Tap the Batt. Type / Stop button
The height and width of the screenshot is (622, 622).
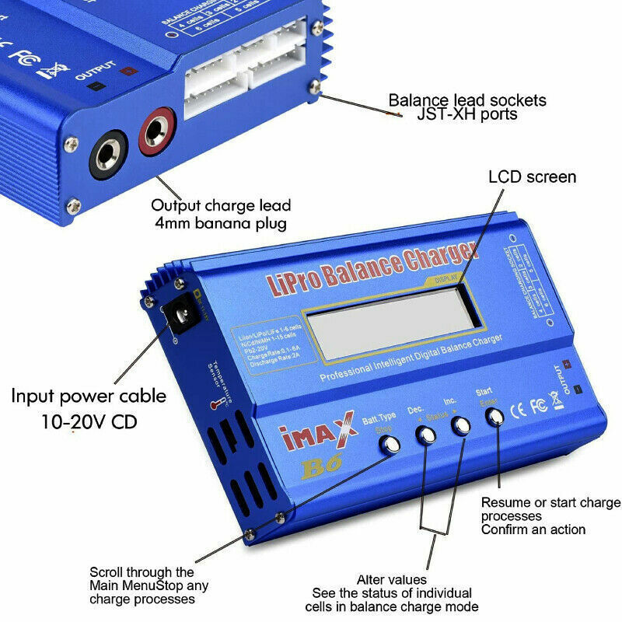[390, 445]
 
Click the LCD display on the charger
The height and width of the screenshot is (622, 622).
[384, 320]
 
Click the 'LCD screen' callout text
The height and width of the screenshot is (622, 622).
[533, 177]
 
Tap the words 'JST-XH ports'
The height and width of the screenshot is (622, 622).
[466, 115]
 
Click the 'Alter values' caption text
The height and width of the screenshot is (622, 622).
[392, 579]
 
